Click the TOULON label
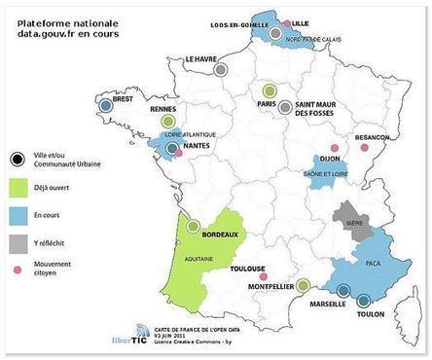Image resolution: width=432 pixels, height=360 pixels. pos(370,313)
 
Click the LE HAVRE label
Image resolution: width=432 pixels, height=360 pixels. pos(202,59)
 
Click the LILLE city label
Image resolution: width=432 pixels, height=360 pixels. pos(300,21)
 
